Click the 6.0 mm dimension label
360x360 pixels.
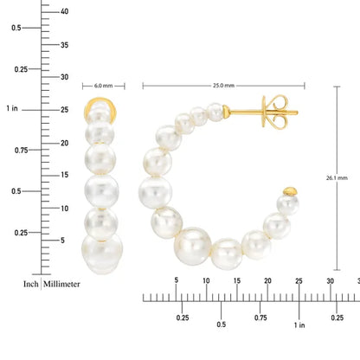[103, 86]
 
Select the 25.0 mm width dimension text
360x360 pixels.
[223, 86]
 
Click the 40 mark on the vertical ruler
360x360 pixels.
[64, 11]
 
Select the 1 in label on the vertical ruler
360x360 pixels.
[11, 109]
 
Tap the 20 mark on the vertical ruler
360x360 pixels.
[64, 142]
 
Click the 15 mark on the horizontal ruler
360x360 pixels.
[237, 280]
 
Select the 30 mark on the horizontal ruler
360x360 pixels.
[330, 280]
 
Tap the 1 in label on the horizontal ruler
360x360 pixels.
[299, 325]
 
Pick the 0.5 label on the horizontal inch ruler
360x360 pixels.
[222, 325]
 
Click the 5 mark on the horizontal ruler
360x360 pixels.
[177, 280]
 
